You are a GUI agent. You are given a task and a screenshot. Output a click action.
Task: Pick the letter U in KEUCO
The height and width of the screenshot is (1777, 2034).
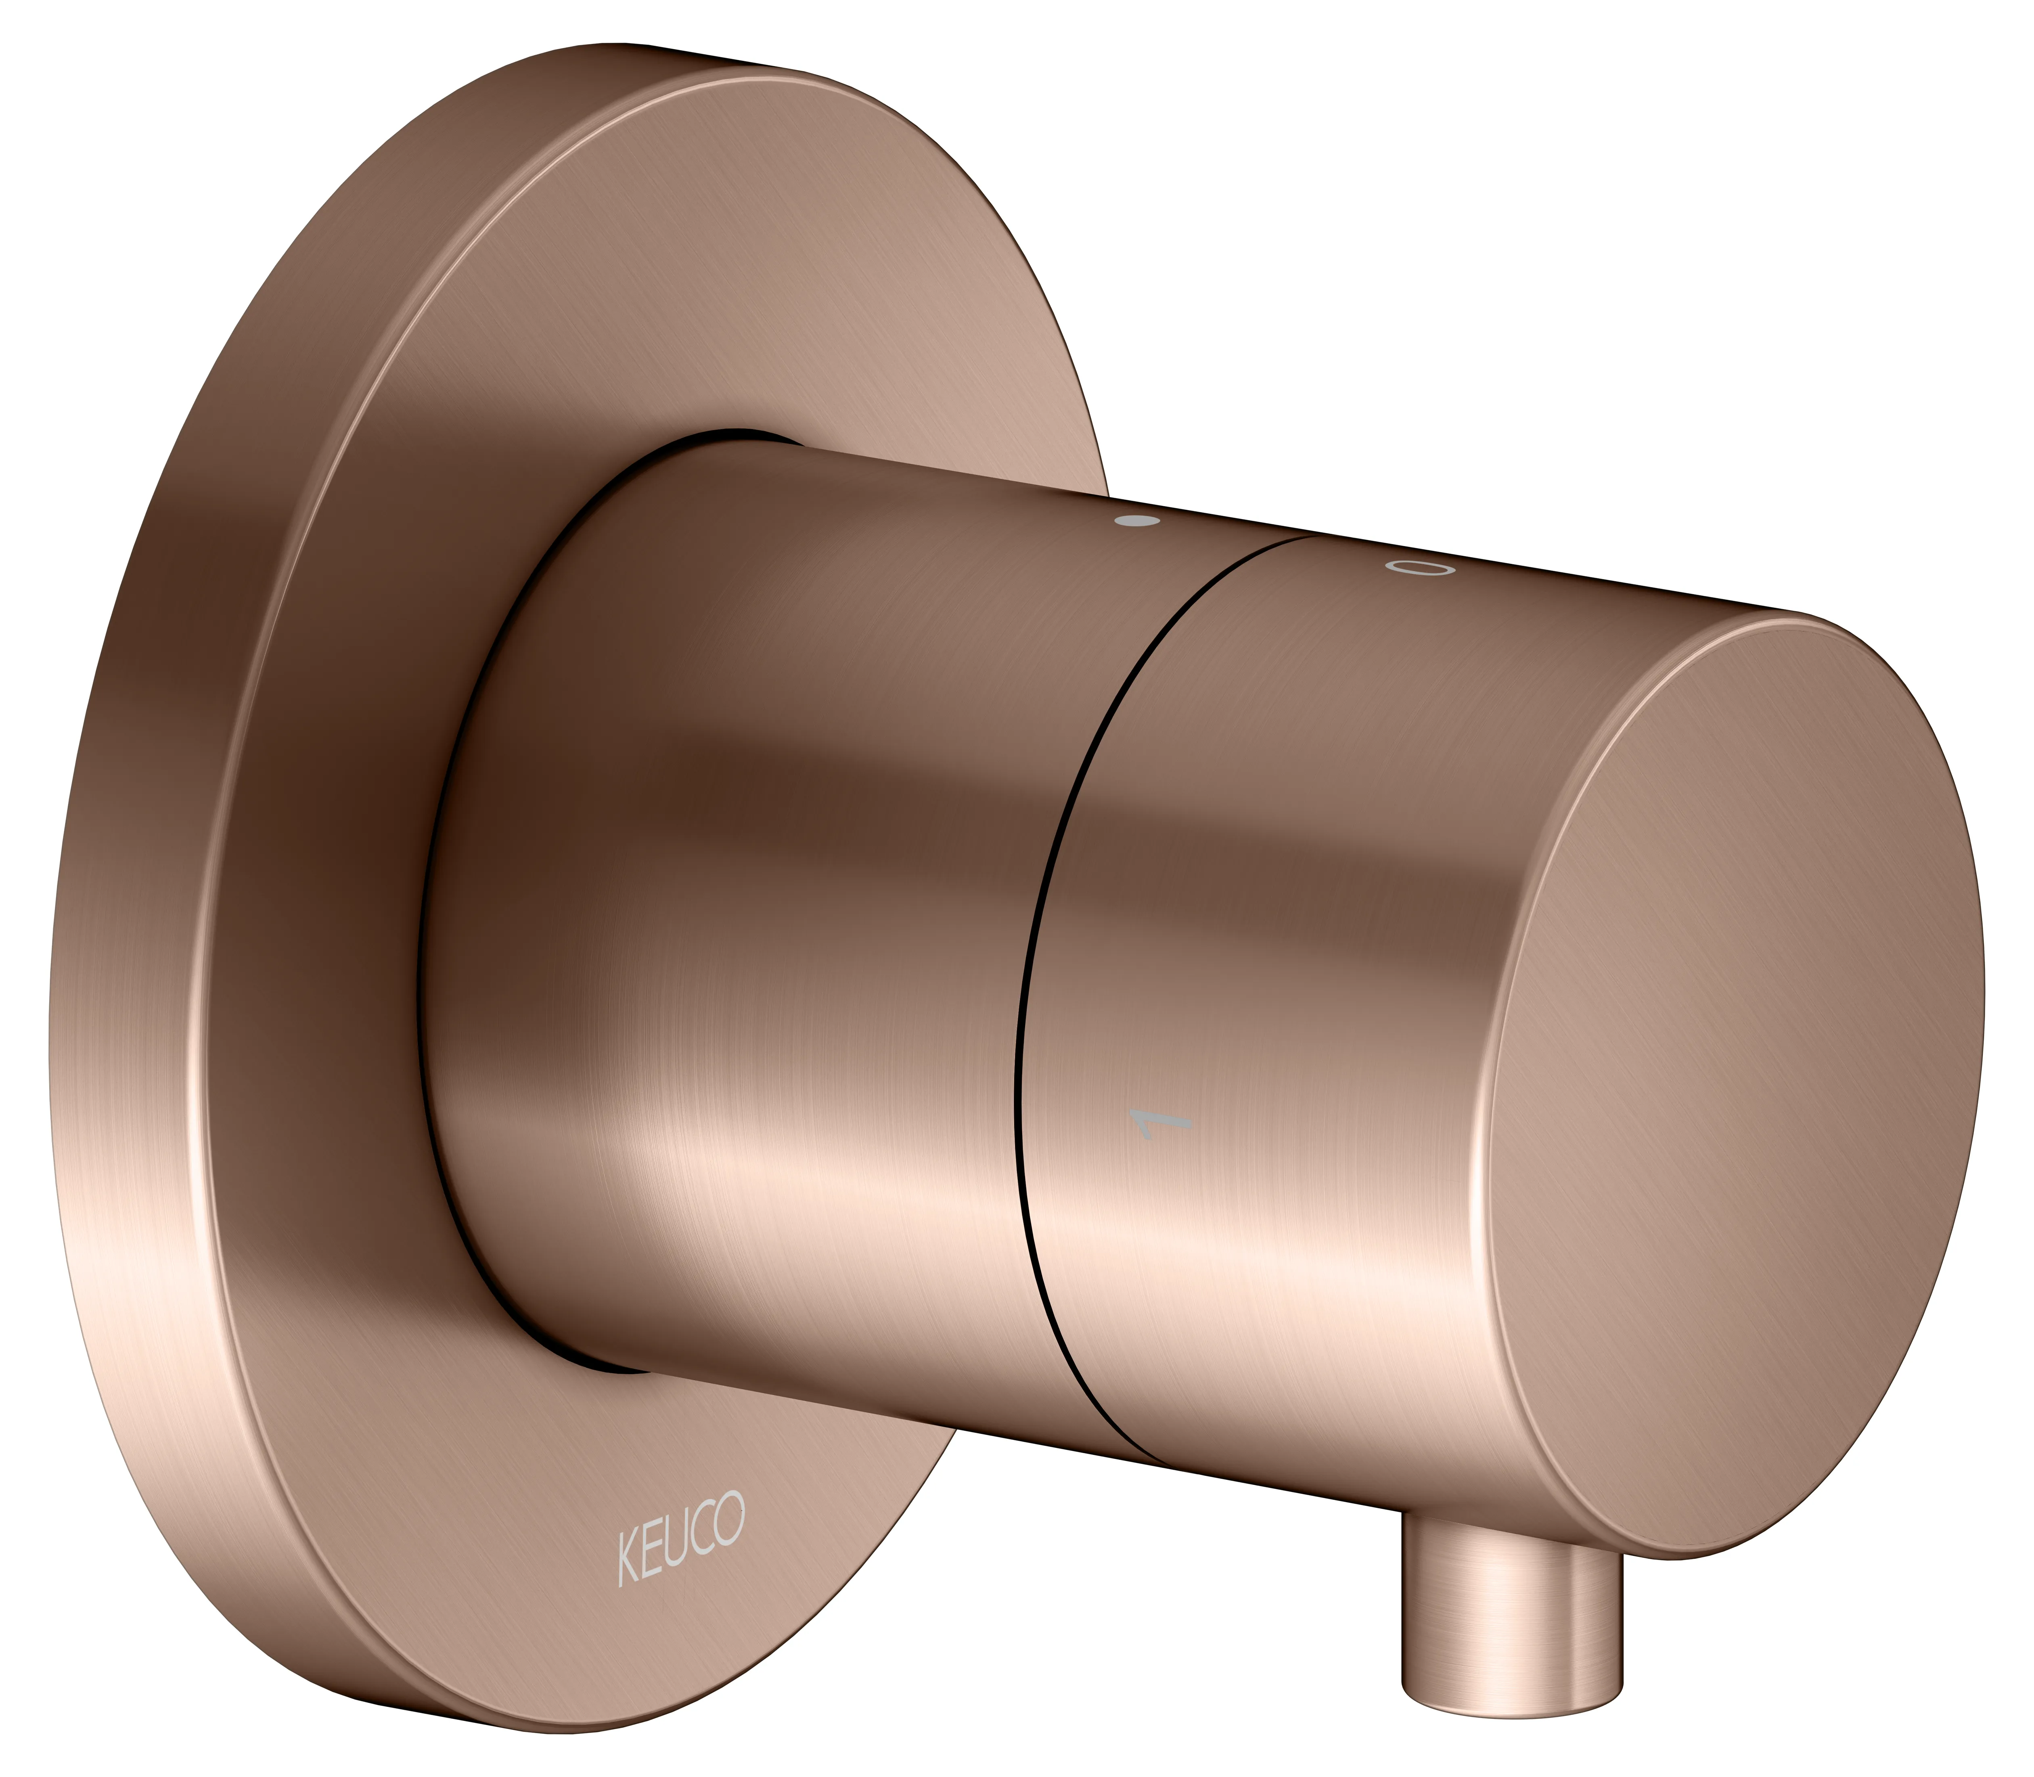pyautogui.click(x=677, y=1540)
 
